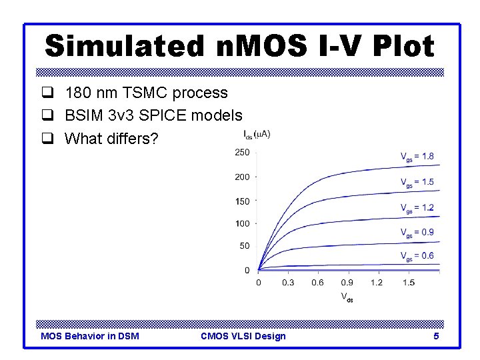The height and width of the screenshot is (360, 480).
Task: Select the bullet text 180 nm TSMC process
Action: [146, 93]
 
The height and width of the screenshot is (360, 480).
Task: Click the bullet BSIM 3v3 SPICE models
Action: [153, 116]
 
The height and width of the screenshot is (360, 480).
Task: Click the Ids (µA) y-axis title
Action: [257, 135]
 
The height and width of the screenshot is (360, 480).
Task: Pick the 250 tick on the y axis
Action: [242, 153]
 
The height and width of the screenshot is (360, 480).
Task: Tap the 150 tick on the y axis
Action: [242, 201]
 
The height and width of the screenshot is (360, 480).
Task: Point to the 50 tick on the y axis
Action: [244, 246]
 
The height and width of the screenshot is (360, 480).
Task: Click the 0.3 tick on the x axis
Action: [288, 283]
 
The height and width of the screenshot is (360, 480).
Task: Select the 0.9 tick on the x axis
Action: [347, 283]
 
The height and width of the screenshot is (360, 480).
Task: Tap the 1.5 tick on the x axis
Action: [408, 283]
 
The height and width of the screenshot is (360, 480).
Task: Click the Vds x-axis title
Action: [347, 297]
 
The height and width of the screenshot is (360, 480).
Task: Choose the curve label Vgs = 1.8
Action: [417, 157]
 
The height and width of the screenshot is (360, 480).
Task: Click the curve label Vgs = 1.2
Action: [417, 208]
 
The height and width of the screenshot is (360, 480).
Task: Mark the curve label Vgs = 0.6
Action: [417, 256]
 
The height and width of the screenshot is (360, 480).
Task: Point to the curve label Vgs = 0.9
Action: [417, 233]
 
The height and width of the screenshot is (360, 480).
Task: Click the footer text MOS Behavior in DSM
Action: [90, 336]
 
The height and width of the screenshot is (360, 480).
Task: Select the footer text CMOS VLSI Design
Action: [243, 336]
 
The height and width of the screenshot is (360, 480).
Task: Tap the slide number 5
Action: [436, 336]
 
